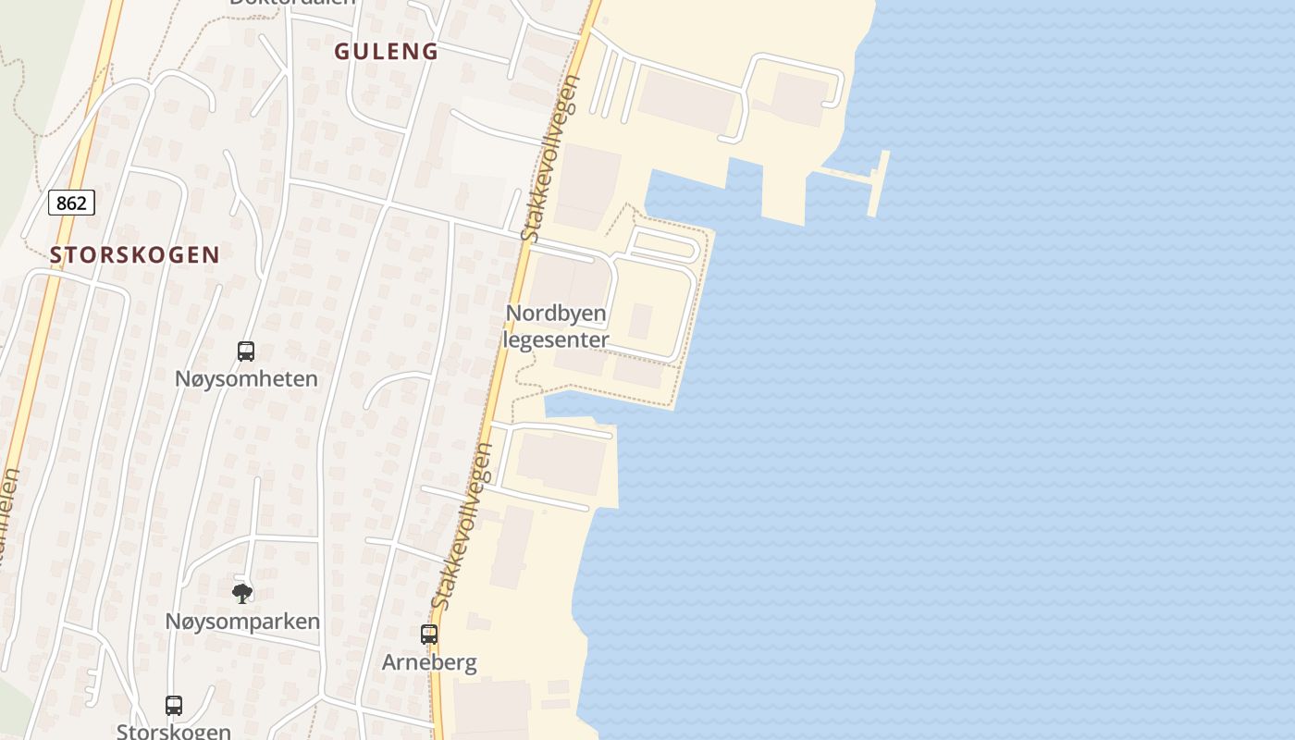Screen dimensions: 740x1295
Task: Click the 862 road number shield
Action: [x=71, y=203]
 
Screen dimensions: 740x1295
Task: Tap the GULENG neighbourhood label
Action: [x=386, y=52]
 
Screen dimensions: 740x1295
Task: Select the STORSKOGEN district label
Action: [x=135, y=255]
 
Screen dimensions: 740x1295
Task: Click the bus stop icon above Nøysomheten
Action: [x=245, y=351]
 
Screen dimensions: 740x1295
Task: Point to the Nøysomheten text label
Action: [x=246, y=378]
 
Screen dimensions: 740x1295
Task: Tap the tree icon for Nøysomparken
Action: [x=242, y=593]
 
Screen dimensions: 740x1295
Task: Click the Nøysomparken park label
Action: [x=242, y=622]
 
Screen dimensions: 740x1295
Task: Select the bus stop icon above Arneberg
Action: [x=429, y=635]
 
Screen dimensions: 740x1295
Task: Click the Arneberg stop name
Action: [x=429, y=662]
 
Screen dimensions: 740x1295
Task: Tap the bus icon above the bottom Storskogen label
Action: [x=174, y=705]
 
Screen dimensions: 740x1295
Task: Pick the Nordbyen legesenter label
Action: [x=556, y=327]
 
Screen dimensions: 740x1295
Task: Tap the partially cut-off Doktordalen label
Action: [x=292, y=3]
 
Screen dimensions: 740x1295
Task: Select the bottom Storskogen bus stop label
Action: [x=174, y=731]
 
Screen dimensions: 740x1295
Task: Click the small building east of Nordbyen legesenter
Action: [x=640, y=321]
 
